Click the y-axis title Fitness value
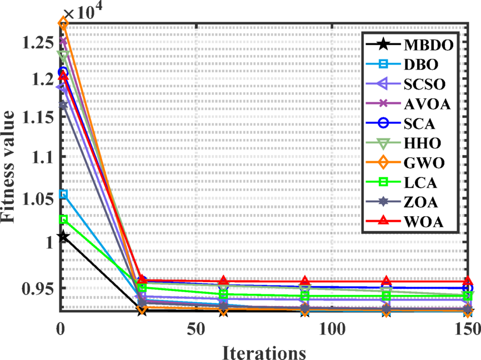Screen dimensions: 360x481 click(12, 167)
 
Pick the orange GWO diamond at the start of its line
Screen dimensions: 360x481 click(63, 23)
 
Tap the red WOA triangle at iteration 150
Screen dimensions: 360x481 click(468, 281)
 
